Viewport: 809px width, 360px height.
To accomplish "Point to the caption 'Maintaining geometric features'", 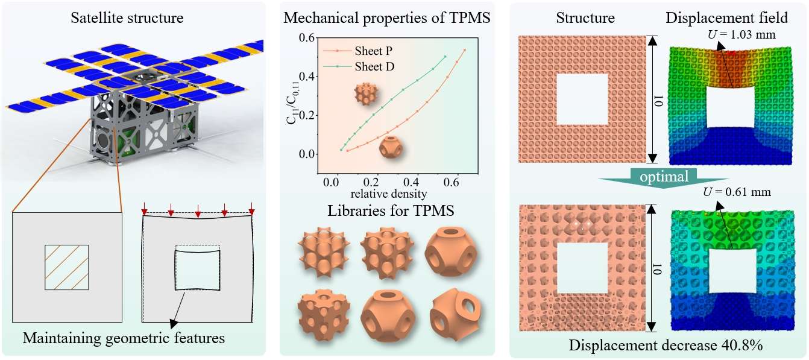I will (x=124, y=338).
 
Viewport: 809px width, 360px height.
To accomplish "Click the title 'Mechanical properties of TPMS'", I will (x=387, y=19).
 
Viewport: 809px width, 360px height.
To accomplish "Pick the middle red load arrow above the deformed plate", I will (x=198, y=212).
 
